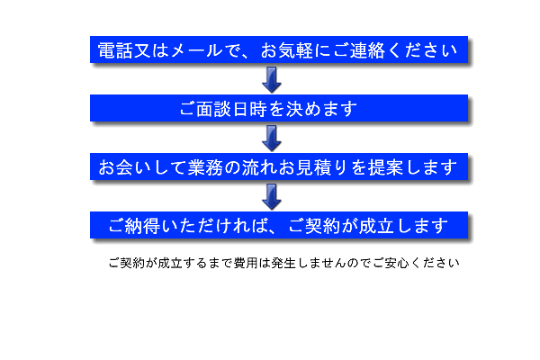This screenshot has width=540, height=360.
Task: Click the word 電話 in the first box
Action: [115, 50]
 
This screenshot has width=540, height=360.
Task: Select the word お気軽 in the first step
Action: [286, 50]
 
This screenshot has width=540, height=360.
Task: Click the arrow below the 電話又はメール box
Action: [272, 79]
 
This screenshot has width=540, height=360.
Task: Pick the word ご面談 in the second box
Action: [205, 109]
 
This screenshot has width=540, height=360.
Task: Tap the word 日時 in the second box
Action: [250, 109]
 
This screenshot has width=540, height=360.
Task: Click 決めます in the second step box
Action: [321, 109]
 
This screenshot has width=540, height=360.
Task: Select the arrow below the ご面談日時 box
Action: [272, 138]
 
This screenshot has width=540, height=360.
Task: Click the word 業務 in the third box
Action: [205, 167]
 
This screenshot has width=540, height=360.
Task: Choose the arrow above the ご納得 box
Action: [272, 197]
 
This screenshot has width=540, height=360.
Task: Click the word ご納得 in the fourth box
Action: [134, 226]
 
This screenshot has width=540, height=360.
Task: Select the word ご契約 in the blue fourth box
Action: [314, 226]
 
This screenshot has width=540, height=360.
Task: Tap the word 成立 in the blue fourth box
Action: [376, 226]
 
